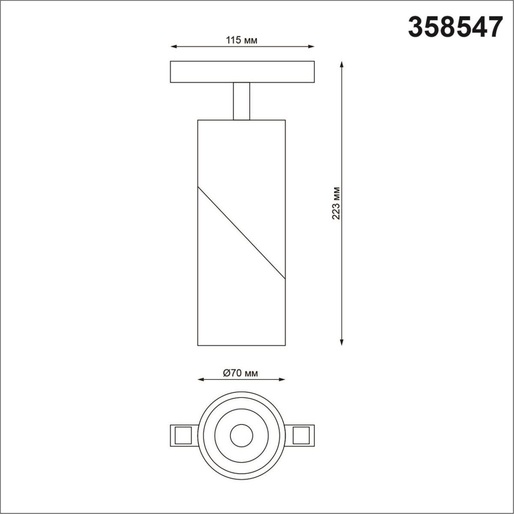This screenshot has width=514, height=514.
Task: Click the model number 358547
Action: click(454, 27)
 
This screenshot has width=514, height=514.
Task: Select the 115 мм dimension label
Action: click(242, 41)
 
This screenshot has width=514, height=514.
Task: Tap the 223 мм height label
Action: click(336, 203)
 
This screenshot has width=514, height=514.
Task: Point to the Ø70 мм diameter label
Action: click(241, 373)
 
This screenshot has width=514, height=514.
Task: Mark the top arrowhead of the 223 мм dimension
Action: click(341, 64)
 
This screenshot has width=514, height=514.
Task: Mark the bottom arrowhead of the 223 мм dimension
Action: click(341, 342)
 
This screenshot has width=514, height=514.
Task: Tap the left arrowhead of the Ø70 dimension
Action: click(200, 380)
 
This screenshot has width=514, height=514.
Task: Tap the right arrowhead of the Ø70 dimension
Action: click(282, 380)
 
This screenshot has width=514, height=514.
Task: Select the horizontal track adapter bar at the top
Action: click(242, 72)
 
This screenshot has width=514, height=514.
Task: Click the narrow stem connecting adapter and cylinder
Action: click(241, 101)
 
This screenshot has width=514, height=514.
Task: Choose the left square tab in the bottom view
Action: click(183, 435)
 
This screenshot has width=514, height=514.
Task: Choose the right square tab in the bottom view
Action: click(301, 435)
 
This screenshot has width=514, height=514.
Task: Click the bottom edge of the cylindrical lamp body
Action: click(241, 345)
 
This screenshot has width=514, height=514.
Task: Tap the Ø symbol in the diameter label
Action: click(227, 373)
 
